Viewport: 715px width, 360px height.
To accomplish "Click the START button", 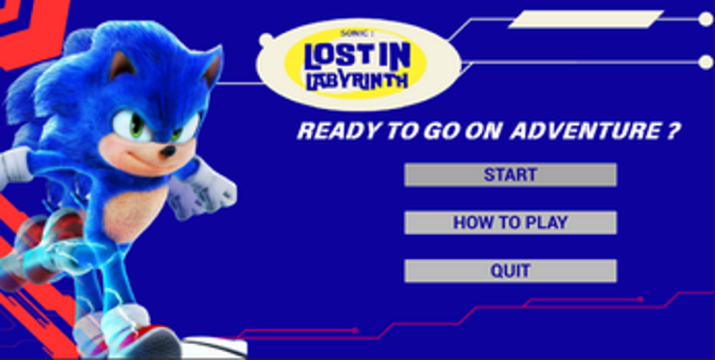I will (x=510, y=175).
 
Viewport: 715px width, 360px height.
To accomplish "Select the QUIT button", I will (x=510, y=271).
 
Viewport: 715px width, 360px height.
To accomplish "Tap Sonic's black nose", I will (x=167, y=153).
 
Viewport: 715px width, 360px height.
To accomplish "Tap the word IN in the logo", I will (x=393, y=54).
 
